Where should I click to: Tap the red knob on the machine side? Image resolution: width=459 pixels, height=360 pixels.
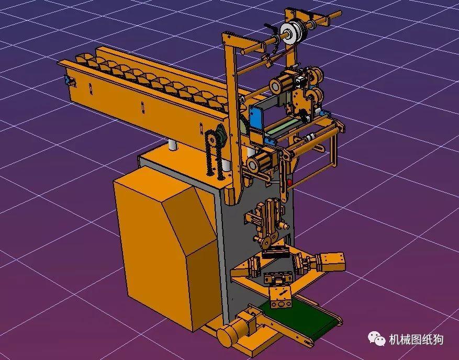(290, 183)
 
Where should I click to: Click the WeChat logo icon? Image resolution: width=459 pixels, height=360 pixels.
(377, 339)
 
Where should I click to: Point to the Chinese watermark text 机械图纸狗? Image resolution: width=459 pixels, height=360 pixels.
(416, 340)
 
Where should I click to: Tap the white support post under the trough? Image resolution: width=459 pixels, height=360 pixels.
(172, 145)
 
